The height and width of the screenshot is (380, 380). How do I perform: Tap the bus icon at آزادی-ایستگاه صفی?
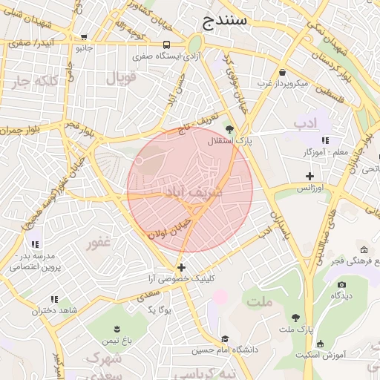(166, 44)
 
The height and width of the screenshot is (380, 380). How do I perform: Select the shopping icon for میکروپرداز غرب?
(283, 72)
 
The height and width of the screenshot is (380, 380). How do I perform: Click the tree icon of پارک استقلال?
(229, 129)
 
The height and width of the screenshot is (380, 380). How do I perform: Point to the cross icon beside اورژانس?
(309, 176)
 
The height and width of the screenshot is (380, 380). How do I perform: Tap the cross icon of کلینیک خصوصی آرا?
(181, 266)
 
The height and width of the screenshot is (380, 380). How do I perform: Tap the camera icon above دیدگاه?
(341, 284)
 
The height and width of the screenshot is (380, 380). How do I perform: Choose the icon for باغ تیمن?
(117, 328)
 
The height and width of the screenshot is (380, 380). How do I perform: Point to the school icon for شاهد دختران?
(53, 299)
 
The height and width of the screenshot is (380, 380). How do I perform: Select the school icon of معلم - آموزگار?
(325, 140)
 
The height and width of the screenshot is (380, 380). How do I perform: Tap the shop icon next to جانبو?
(84, 36)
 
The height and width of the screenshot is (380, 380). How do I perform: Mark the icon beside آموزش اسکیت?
(320, 344)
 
